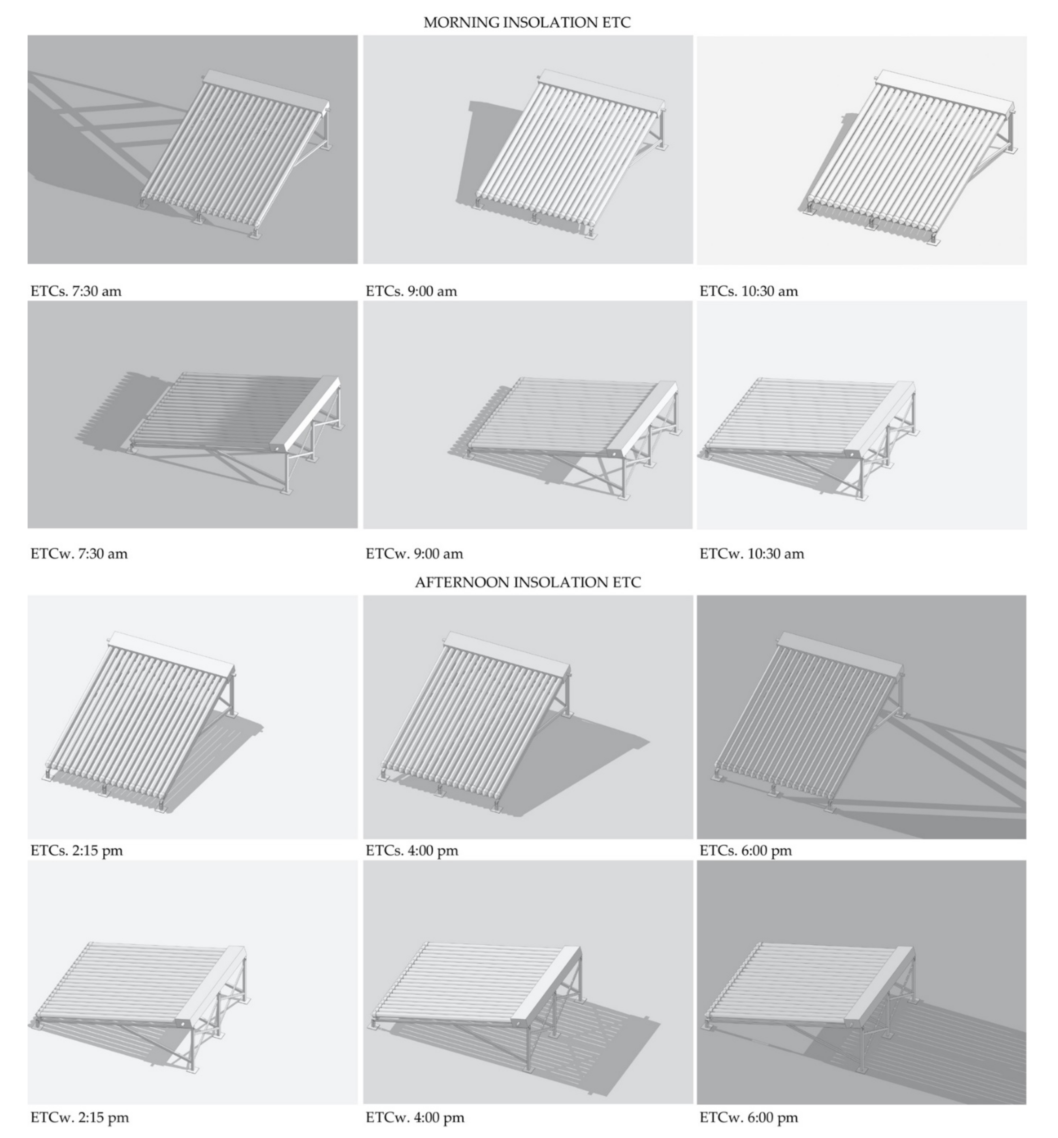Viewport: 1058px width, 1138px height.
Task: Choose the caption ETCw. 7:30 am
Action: tap(79, 553)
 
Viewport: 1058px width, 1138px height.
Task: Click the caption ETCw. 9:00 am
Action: tap(414, 553)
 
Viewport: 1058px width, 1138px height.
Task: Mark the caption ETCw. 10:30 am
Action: tap(751, 553)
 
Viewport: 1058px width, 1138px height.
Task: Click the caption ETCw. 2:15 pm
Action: tap(80, 1117)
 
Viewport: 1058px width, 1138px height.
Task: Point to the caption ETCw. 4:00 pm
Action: tap(415, 1117)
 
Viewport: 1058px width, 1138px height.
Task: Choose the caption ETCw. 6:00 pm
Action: tap(748, 1117)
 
